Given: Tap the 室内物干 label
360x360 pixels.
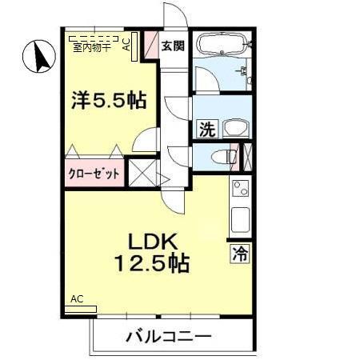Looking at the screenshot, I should (91, 47).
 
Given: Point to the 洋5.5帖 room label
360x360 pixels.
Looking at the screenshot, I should (107, 101).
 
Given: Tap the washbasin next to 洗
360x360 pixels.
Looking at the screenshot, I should (235, 127).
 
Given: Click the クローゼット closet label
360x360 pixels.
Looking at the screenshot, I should (94, 173).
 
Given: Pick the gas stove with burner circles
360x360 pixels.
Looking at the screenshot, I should (241, 191).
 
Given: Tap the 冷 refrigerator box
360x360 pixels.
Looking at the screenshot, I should (240, 255).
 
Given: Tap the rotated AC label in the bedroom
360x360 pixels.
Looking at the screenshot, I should (127, 45).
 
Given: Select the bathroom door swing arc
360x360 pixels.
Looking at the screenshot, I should (205, 79).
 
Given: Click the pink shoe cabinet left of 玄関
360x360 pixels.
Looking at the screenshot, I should (150, 46).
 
